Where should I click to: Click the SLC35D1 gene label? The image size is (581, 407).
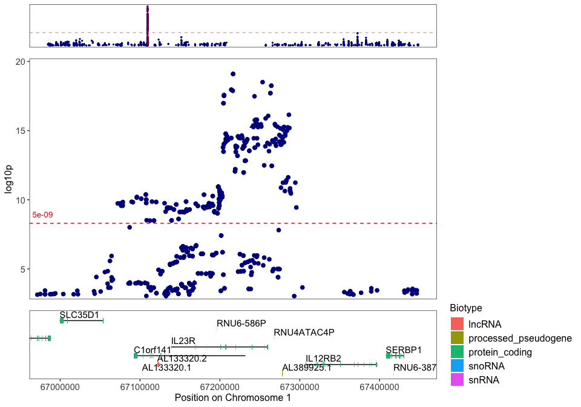(79, 314)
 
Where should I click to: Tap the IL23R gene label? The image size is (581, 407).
(183, 341)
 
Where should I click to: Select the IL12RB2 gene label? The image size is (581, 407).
(323, 358)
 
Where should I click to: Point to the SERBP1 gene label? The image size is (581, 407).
(404, 350)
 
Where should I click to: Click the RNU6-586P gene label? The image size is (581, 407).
(241, 323)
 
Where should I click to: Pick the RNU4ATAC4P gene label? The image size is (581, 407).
(304, 333)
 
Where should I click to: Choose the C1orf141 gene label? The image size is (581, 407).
(153, 350)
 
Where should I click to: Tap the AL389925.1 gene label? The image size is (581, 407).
(306, 368)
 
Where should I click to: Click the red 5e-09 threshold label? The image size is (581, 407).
(42, 215)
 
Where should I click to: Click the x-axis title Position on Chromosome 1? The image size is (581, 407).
(232, 398)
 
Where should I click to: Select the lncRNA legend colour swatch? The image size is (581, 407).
(458, 324)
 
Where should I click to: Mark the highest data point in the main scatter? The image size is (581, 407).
(232, 74)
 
